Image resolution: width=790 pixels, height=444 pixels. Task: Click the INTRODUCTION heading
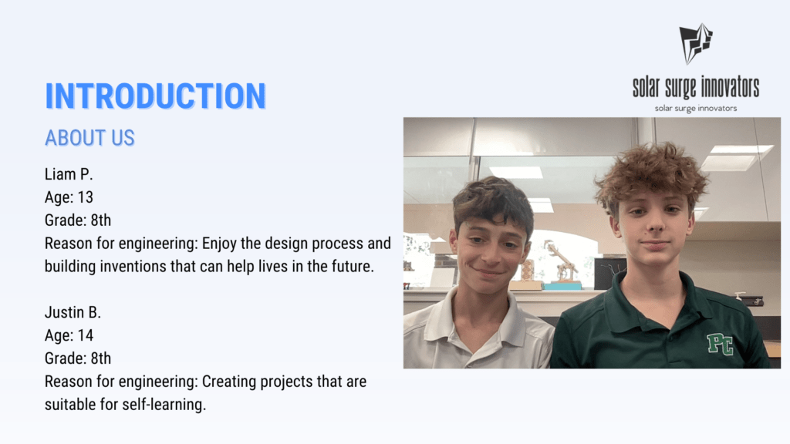(x=155, y=96)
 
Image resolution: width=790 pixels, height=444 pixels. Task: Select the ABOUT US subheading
(x=89, y=138)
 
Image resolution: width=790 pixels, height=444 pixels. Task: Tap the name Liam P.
(x=69, y=174)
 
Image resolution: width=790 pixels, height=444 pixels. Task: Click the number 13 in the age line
(x=85, y=197)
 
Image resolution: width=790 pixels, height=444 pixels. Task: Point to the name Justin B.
(x=73, y=313)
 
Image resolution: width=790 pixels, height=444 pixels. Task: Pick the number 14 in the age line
(x=85, y=335)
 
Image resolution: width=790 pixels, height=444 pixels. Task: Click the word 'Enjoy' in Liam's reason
(x=219, y=244)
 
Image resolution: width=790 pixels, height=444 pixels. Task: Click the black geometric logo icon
(x=696, y=44)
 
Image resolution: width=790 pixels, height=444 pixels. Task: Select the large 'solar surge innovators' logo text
(x=696, y=88)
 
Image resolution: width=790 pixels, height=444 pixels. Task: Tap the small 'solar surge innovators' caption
(x=696, y=108)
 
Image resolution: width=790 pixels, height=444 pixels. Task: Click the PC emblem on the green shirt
(x=720, y=345)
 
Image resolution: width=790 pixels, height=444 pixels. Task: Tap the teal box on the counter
(x=562, y=286)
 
